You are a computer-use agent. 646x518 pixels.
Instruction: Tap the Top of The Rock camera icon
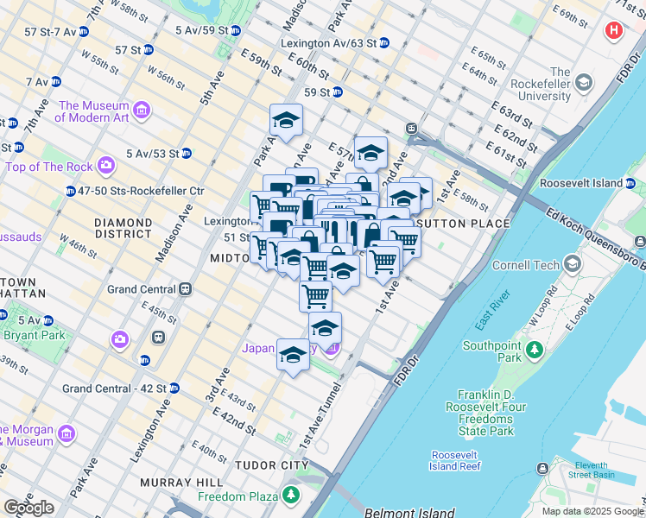pyautogui.click(x=105, y=164)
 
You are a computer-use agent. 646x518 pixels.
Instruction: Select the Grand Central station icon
pyautogui.click(x=184, y=290)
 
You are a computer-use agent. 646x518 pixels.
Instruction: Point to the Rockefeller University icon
pyautogui.click(x=584, y=83)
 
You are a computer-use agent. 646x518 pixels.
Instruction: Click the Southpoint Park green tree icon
pyautogui.click(x=535, y=350)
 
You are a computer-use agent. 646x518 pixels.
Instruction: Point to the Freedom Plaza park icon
pyautogui.click(x=291, y=496)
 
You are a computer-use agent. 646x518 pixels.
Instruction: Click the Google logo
pyautogui.click(x=29, y=508)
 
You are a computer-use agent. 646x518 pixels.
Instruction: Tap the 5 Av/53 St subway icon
pyautogui.click(x=186, y=154)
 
